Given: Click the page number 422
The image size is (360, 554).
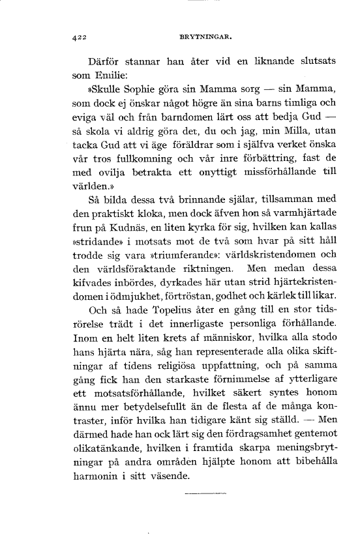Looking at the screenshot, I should (x=78, y=37).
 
